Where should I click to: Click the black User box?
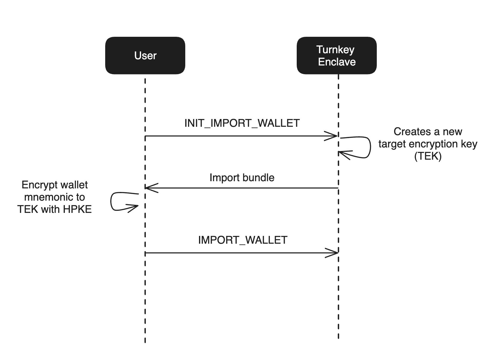145,56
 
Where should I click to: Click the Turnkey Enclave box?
336,56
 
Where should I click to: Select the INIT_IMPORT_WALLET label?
242,123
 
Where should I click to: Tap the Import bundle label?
242,178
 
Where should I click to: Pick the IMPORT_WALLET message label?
243,240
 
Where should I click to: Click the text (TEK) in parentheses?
428,156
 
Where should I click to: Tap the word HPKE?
77,209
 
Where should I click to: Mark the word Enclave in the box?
337,62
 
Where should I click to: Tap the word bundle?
259,178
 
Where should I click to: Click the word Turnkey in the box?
335,50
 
